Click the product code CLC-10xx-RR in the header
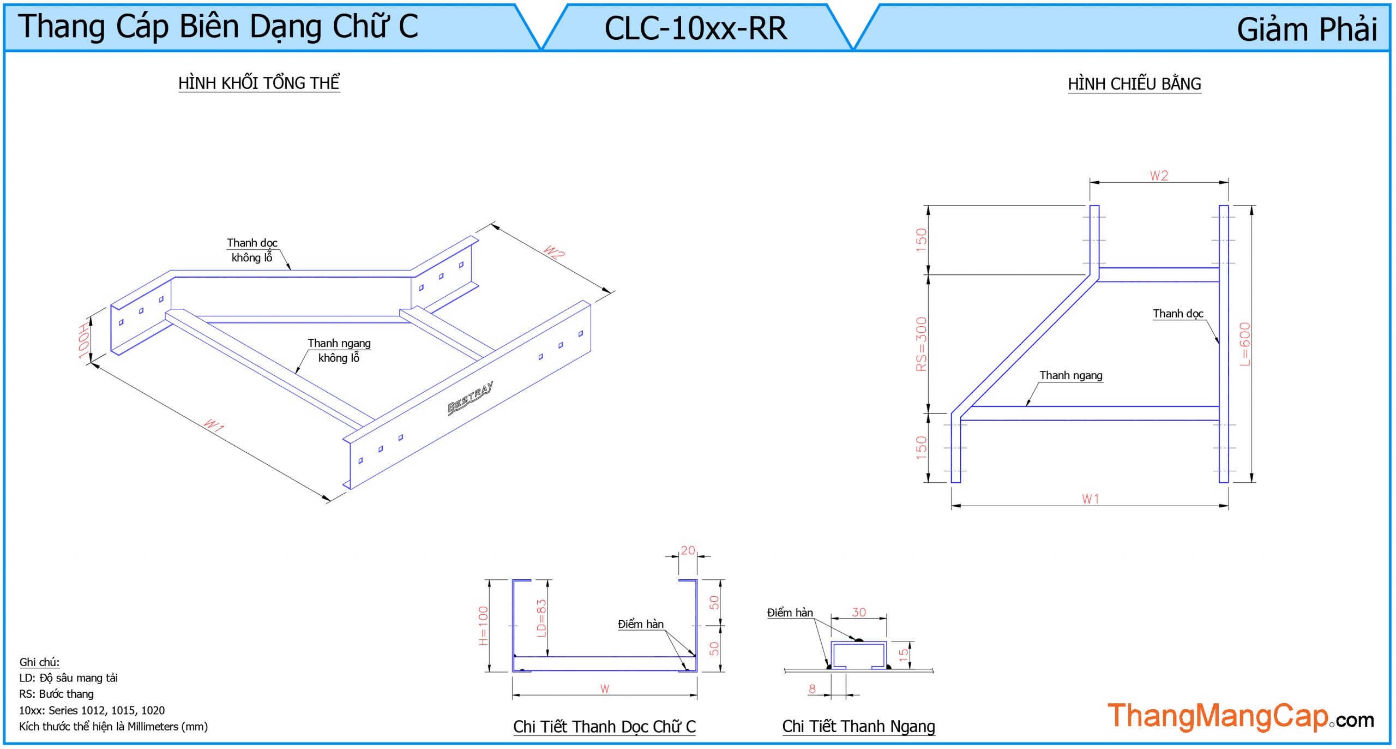click(695, 28)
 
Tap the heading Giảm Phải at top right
click(1306, 29)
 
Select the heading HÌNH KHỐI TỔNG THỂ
click(259, 83)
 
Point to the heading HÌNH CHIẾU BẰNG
click(1134, 84)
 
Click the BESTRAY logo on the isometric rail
click(470, 398)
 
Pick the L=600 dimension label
click(1245, 344)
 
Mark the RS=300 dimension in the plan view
click(922, 344)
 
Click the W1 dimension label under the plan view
click(1091, 499)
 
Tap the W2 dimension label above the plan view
click(1159, 176)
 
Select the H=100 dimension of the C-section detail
click(484, 626)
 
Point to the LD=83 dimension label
click(541, 618)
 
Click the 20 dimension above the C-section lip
click(688, 550)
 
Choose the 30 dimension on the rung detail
click(859, 612)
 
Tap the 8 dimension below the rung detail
click(813, 689)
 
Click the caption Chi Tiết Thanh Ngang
click(858, 727)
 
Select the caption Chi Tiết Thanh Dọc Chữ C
click(604, 727)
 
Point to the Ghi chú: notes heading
click(39, 662)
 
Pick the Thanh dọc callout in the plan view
click(1178, 314)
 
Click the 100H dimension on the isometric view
click(83, 341)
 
